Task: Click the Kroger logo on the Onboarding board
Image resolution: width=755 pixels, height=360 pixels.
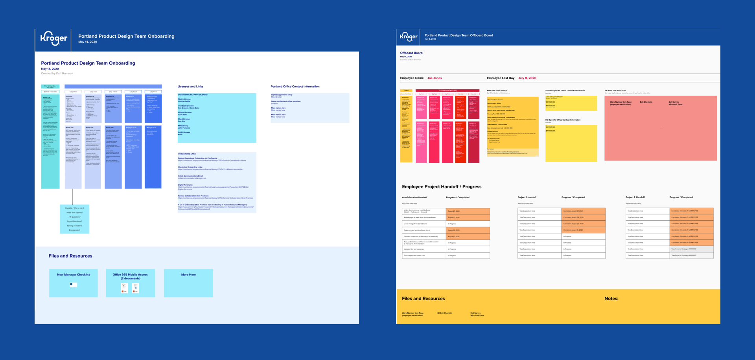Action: [53, 39]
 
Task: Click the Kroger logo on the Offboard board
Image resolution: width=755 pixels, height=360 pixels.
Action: [409, 37]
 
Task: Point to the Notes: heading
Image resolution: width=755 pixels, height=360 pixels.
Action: [611, 299]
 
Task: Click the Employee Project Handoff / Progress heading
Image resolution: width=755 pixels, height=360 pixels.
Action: [441, 187]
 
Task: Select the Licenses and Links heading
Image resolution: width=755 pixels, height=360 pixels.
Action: [190, 87]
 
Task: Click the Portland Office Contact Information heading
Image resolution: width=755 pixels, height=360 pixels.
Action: [295, 87]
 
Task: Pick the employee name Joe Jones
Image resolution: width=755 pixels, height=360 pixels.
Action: [435, 78]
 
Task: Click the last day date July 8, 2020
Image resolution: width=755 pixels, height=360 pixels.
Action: [527, 78]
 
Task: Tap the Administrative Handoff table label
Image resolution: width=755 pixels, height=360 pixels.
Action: [414, 198]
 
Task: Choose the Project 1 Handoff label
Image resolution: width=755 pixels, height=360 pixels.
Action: [527, 198]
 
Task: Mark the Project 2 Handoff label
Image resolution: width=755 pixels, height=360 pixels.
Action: [635, 198]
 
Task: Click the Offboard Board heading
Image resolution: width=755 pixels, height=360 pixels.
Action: [411, 53]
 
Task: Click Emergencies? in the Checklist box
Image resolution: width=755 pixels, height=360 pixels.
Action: [74, 230]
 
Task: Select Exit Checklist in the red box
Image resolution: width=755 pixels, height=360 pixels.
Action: [646, 102]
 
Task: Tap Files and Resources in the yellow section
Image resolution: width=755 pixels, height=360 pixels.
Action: [423, 299]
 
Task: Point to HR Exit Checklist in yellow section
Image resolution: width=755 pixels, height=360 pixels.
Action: [444, 313]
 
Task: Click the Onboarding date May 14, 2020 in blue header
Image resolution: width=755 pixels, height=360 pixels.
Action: [87, 42]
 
